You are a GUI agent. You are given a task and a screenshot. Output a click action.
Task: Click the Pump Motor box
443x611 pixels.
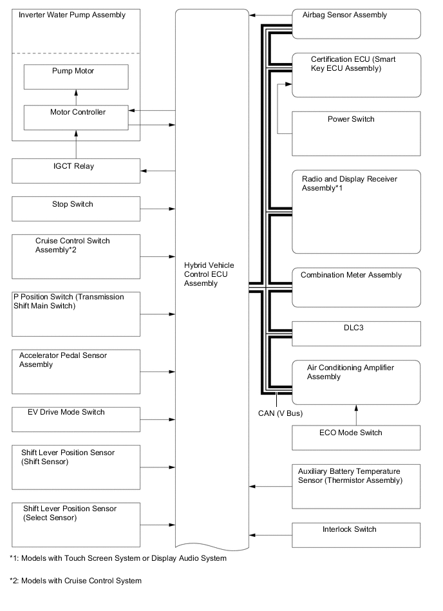(x=76, y=77)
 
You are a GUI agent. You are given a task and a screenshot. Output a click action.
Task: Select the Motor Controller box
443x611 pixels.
(x=76, y=117)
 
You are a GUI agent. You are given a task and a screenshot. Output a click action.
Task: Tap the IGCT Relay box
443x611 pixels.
(x=76, y=171)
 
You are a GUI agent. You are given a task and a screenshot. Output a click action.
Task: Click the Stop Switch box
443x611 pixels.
(x=76, y=209)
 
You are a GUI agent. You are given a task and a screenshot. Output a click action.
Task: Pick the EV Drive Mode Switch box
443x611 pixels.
(x=76, y=419)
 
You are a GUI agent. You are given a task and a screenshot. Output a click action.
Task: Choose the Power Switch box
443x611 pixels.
(x=356, y=133)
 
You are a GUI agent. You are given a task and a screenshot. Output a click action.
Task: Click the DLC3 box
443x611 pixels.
(x=356, y=333)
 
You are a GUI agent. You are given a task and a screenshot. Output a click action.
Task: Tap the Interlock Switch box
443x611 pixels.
(x=356, y=534)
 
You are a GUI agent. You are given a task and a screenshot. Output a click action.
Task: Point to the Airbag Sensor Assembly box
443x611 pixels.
(x=356, y=24)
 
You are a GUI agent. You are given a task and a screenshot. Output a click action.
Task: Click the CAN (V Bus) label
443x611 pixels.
(x=276, y=413)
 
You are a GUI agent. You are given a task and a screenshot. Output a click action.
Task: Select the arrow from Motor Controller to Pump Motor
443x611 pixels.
(x=76, y=97)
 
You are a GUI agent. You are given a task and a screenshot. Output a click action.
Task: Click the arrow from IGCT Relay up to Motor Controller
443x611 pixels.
(x=76, y=144)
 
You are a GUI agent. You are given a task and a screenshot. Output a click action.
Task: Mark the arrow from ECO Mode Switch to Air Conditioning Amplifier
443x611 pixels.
(x=356, y=415)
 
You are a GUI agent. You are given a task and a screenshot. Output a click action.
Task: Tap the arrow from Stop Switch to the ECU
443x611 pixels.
(x=158, y=209)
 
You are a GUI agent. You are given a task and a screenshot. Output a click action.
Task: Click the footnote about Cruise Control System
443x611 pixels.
(x=75, y=581)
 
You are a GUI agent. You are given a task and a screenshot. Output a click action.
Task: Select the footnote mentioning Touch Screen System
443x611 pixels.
(x=118, y=558)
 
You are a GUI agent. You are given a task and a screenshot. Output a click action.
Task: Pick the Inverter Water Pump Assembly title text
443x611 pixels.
(x=72, y=15)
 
